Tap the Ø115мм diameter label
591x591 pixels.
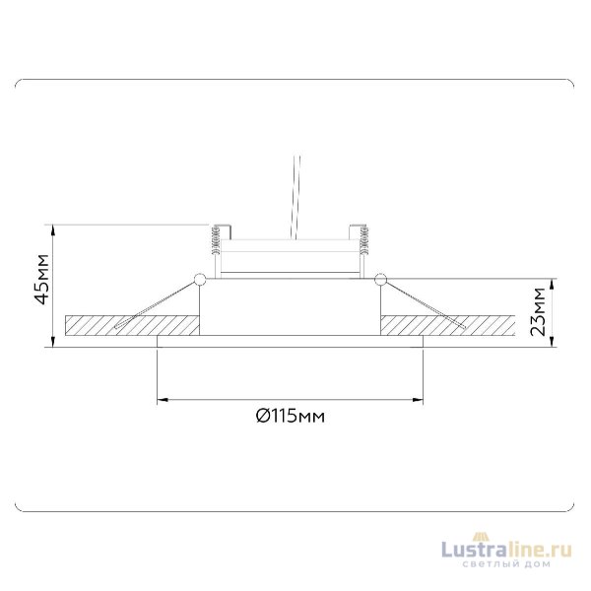(x=290, y=417)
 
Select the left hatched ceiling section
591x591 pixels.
(x=128, y=324)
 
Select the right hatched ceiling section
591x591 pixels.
(x=448, y=324)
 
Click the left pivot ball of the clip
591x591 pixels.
(x=200, y=280)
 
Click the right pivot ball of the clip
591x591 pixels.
(x=378, y=280)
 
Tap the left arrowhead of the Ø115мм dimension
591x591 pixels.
(x=164, y=400)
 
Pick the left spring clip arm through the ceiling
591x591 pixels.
(x=153, y=308)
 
